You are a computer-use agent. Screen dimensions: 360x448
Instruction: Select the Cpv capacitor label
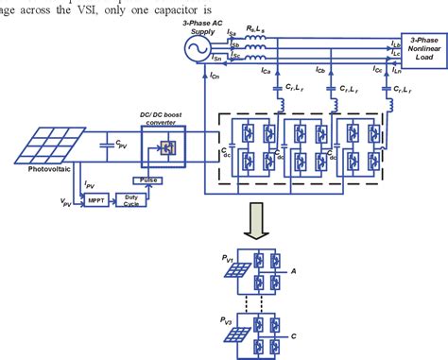[x=121, y=145]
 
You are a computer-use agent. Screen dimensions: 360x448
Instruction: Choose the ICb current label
[x=333, y=70]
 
